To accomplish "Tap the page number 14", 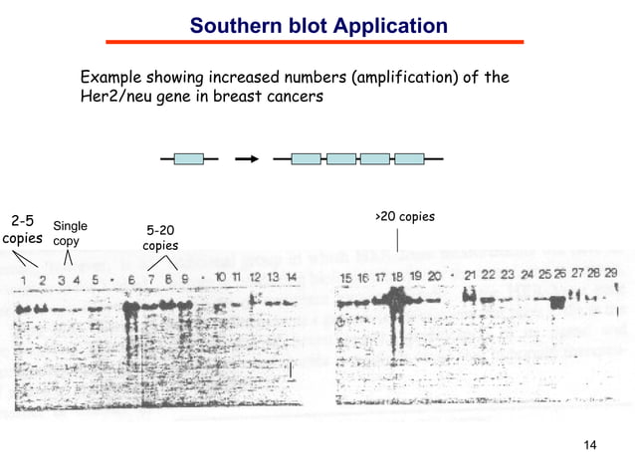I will click(589, 444).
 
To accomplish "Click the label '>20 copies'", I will click(404, 216).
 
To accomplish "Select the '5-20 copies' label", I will click(160, 237).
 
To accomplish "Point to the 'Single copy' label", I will click(69, 234).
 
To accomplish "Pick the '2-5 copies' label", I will click(22, 229).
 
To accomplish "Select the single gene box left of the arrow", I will click(188, 158).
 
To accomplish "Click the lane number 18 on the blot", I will click(397, 276).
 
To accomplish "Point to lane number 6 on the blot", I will click(130, 280).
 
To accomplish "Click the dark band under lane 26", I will click(557, 300).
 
